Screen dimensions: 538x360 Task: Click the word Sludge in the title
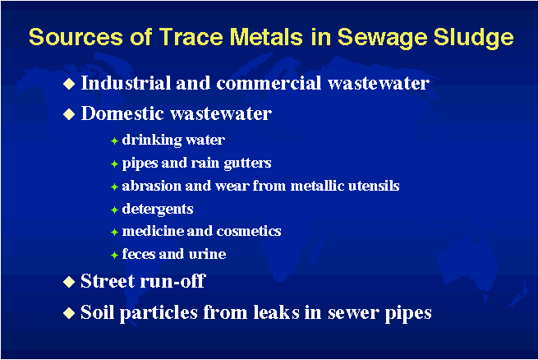coord(474,38)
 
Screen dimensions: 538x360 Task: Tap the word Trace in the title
coord(191,36)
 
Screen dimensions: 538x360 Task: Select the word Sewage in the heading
coord(382,38)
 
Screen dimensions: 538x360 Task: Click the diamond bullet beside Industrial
coord(69,83)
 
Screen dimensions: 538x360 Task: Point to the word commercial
coord(269,83)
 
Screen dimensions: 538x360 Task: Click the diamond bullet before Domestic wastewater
coord(69,114)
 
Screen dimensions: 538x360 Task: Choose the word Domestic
coord(122,113)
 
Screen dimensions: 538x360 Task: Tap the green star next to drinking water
coord(115,141)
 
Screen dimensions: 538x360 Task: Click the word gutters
coord(247,164)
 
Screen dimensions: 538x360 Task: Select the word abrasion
coord(151,186)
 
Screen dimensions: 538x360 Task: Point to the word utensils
coord(374,186)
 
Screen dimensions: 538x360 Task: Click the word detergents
coord(158,210)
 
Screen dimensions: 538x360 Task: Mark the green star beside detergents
coord(115,210)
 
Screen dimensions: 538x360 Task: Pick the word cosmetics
coord(249,231)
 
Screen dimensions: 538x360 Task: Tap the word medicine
coord(154,231)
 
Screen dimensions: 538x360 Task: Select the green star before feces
coord(115,255)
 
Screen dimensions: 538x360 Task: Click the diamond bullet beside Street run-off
coord(69,282)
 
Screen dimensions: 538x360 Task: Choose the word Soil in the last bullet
coord(97,312)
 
